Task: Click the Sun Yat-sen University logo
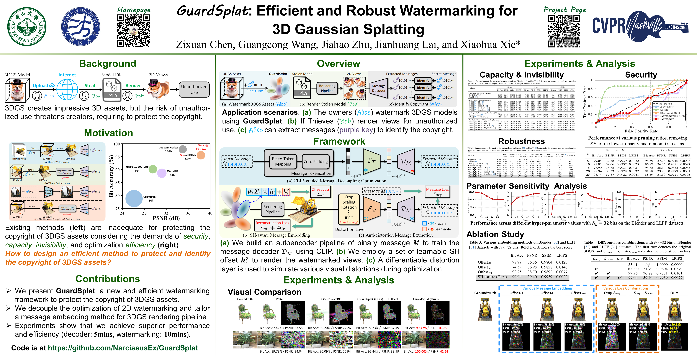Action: [x=27, y=26]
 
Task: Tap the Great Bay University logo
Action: [x=80, y=26]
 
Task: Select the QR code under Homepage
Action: [x=133, y=31]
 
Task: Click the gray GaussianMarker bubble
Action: [x=183, y=149]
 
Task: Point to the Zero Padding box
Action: [x=316, y=161]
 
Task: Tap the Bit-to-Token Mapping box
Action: [x=283, y=161]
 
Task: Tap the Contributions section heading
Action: [x=108, y=279]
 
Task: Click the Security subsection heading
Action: [x=641, y=75]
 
